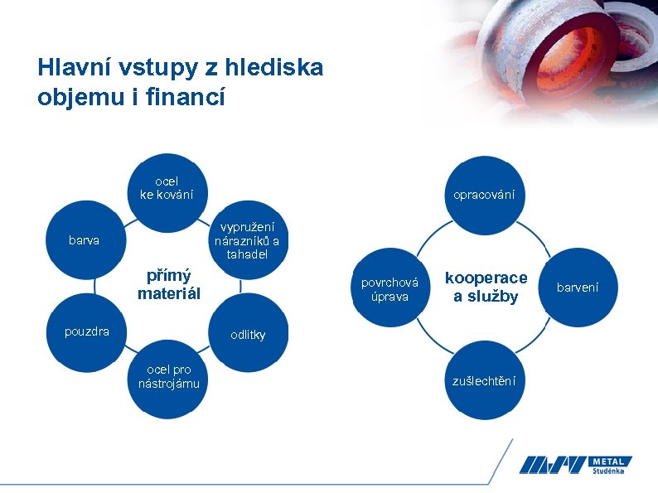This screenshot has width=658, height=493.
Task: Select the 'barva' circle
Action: pyautogui.click(x=85, y=240)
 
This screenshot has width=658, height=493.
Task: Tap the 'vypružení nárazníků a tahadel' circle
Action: pyautogui.click(x=247, y=240)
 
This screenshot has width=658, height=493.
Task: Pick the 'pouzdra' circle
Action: pyautogui.click(x=87, y=332)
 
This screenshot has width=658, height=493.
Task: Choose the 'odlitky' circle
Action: pyautogui.click(x=247, y=335)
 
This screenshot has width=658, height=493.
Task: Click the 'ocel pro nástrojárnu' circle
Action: pyautogui.click(x=168, y=377)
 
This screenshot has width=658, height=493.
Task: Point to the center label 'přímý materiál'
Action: pyautogui.click(x=168, y=284)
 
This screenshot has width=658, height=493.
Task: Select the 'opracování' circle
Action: pyautogui.click(x=484, y=195)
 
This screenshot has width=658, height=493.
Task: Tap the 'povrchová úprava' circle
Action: pyautogui.click(x=389, y=288)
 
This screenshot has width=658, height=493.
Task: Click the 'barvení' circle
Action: pyautogui.click(x=577, y=288)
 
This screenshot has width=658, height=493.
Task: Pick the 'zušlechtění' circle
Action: pyautogui.click(x=484, y=380)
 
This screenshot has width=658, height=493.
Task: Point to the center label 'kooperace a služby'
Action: pyautogui.click(x=486, y=287)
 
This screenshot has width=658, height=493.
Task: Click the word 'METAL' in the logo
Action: pyautogui.click(x=612, y=461)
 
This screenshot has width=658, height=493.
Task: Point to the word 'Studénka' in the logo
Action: pyautogui.click(x=611, y=472)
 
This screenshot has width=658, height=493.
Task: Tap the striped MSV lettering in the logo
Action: pyautogui.click(x=554, y=466)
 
